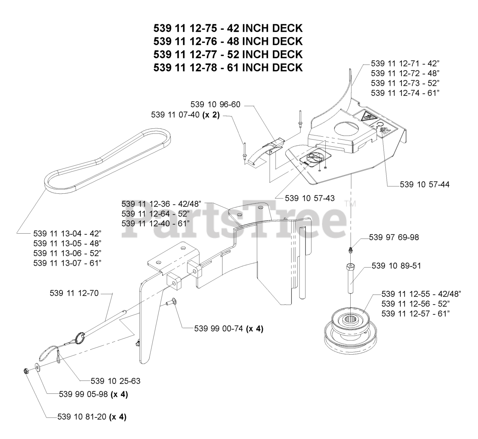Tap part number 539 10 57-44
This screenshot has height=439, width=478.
(424, 184)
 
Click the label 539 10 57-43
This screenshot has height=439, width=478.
(310, 198)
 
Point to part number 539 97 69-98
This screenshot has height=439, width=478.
(394, 237)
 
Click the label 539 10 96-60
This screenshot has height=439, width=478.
(215, 105)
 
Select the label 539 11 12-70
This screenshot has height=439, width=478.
(74, 293)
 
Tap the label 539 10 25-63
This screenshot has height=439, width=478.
(115, 381)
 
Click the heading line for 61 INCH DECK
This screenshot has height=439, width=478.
(228, 68)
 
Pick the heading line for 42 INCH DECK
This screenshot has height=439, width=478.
(228, 28)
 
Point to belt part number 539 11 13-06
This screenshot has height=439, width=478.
(67, 253)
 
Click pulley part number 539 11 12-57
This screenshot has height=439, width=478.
(415, 314)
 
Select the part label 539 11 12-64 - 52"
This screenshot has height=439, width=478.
(155, 214)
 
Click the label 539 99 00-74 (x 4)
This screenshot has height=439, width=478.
(229, 329)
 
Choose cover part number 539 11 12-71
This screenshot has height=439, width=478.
(405, 63)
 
